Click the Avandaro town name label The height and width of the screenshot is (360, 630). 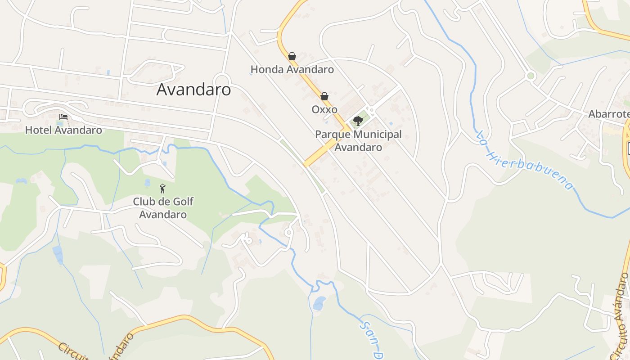tap(193, 90)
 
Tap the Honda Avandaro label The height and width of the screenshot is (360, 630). tap(292, 69)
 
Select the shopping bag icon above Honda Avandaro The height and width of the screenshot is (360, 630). tap(292, 56)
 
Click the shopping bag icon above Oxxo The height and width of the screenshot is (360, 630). tap(324, 96)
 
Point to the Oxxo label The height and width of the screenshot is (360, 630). tap(324, 109)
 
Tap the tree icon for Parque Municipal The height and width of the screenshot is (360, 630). tap(358, 121)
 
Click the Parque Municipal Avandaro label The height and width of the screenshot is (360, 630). tap(358, 140)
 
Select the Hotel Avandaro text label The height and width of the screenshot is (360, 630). tap(63, 130)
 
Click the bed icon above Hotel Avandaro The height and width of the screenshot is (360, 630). tap(63, 117)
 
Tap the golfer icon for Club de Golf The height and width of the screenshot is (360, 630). tap(162, 189)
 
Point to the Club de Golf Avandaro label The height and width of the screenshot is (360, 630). tap(163, 208)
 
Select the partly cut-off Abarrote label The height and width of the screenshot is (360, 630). tap(609, 114)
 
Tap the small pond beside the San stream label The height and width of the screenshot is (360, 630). tap(319, 303)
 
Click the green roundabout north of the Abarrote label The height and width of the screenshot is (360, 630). tap(531, 76)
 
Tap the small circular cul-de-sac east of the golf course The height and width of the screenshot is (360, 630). tap(288, 232)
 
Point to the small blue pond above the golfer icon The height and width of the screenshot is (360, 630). tap(148, 183)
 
